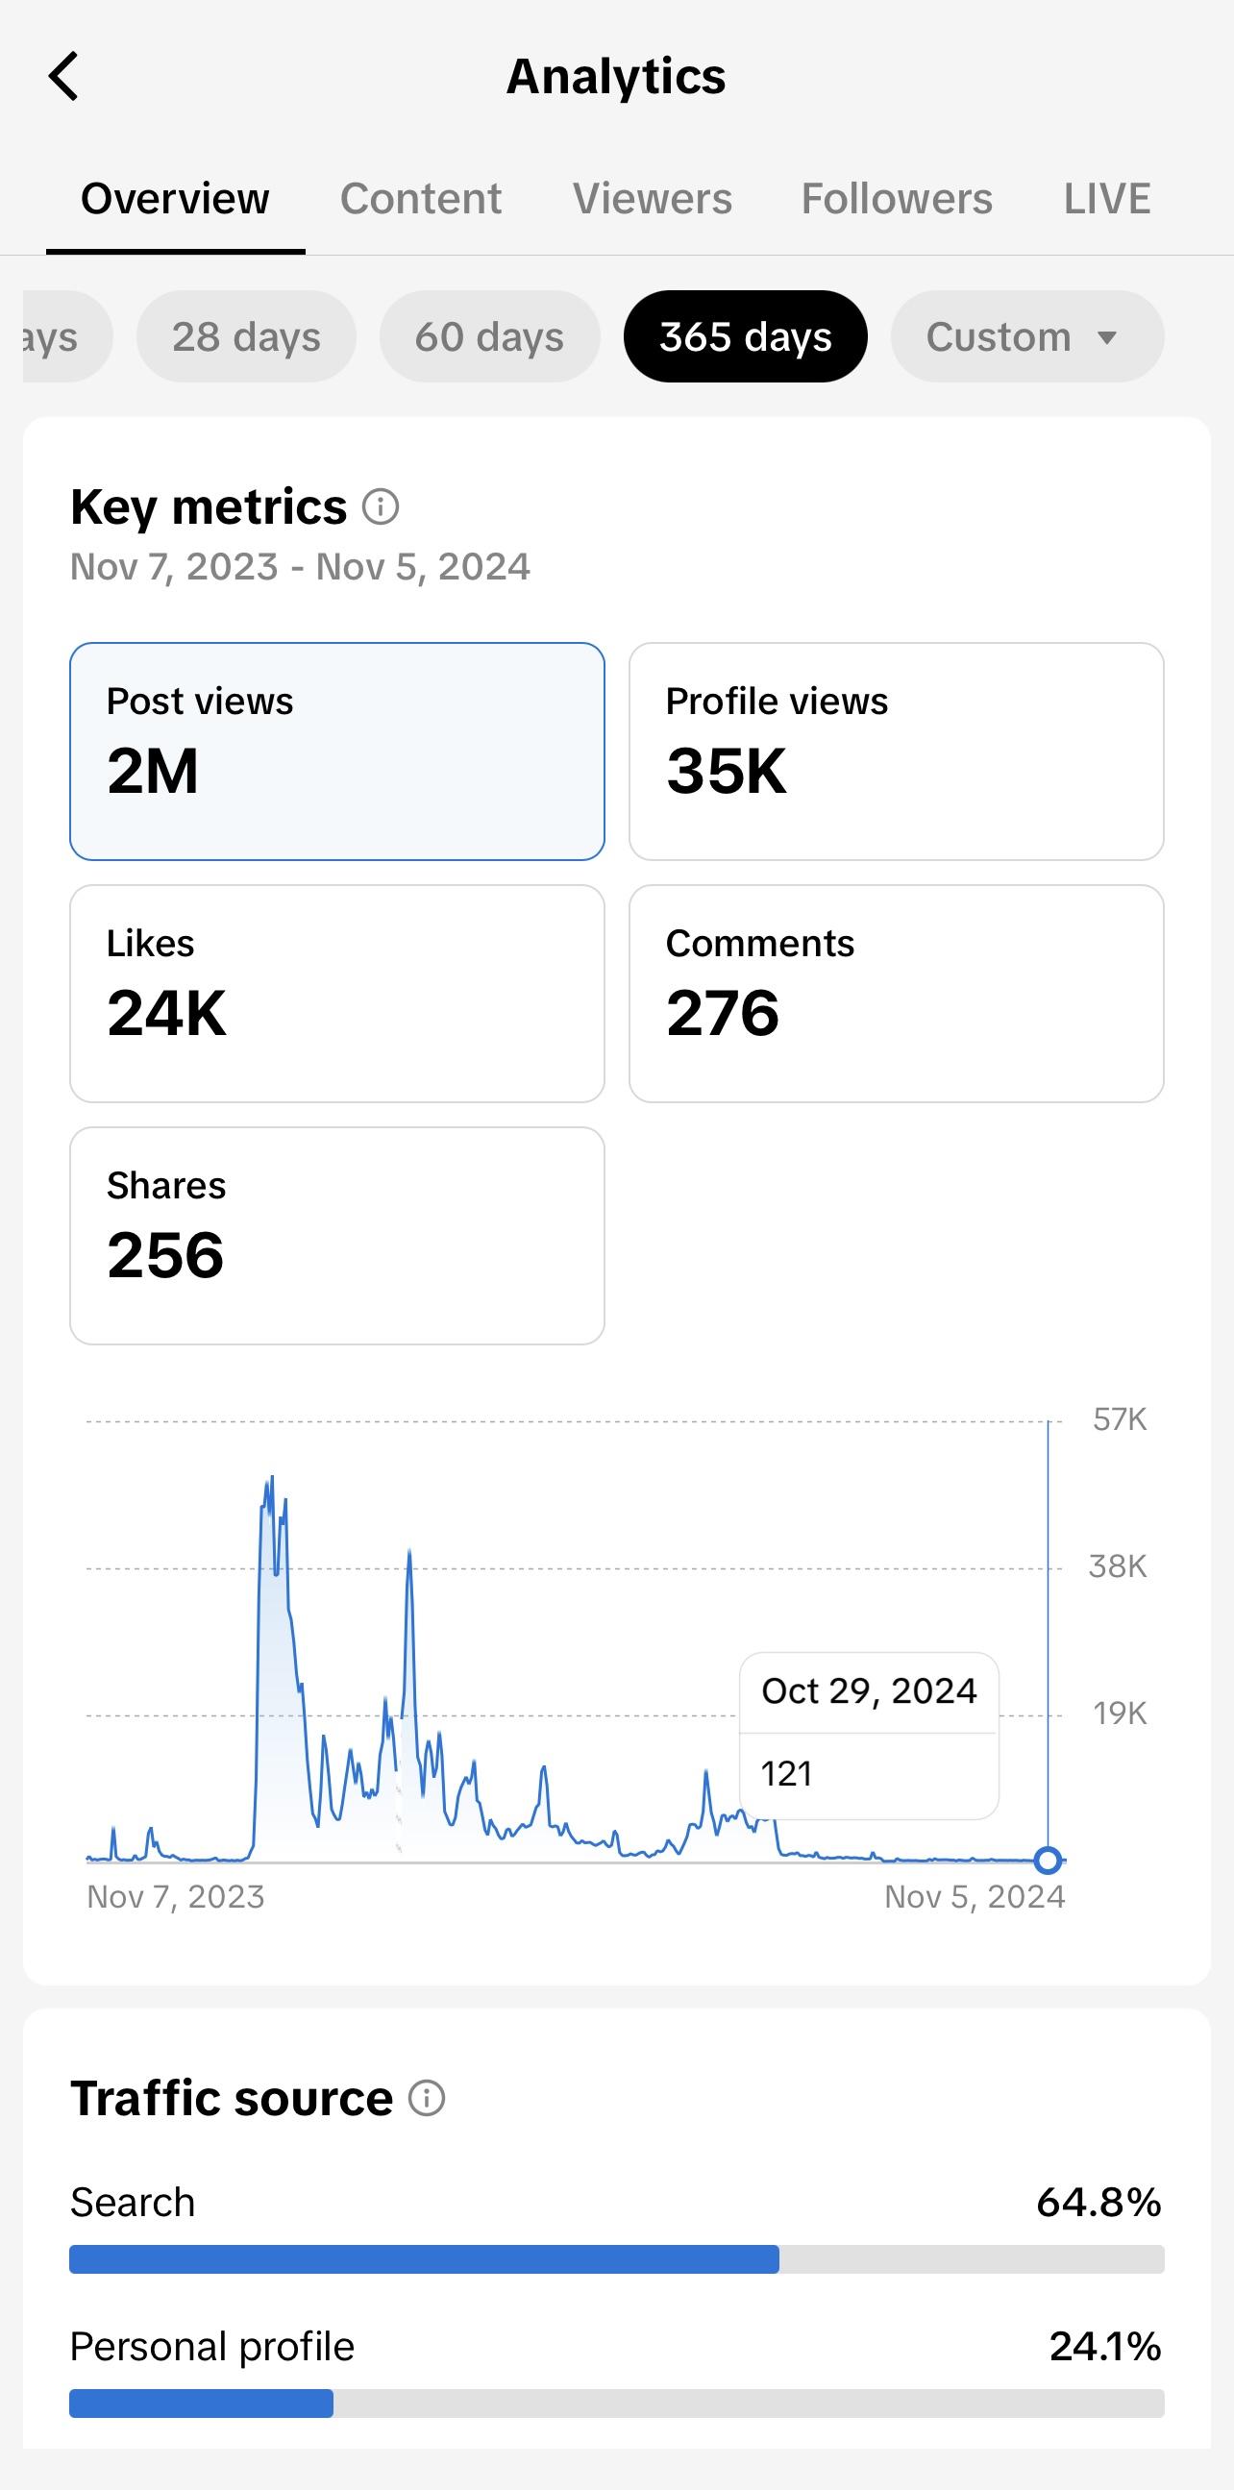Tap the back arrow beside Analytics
63,77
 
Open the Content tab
420,199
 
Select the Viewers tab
653,199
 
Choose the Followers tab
897,199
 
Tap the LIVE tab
1106,199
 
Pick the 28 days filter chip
246,337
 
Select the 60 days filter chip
489,337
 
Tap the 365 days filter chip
745,337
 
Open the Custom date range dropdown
1026,337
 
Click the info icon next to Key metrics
381,506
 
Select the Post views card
337,752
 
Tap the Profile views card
896,752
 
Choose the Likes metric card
337,994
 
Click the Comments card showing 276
896,994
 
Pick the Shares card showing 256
337,1235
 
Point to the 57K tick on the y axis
1119,1419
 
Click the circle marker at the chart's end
1048,1860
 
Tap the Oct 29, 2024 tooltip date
869,1691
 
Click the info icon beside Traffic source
427,2099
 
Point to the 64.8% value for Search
1098,2203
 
